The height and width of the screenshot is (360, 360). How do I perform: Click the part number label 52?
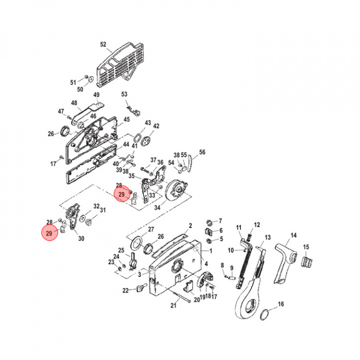coord(103,44)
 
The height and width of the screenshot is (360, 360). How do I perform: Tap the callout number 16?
coord(280,303)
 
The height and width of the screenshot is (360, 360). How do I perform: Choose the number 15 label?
coord(306,246)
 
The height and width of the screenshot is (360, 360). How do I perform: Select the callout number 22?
coord(125,290)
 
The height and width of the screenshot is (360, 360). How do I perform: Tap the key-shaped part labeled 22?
coord(140,288)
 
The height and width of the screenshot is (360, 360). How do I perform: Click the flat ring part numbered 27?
coord(135,243)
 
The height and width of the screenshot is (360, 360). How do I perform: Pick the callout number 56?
coord(202,152)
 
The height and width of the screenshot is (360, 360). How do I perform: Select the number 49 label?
coord(96,95)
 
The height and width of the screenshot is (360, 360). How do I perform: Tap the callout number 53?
coord(124,94)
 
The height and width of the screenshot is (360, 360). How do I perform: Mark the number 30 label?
coord(81,238)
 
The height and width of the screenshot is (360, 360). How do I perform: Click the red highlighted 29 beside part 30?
coord(49,233)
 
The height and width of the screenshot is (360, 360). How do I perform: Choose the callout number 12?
coord(257,224)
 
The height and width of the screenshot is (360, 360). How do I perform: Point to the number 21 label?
coord(173,305)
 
